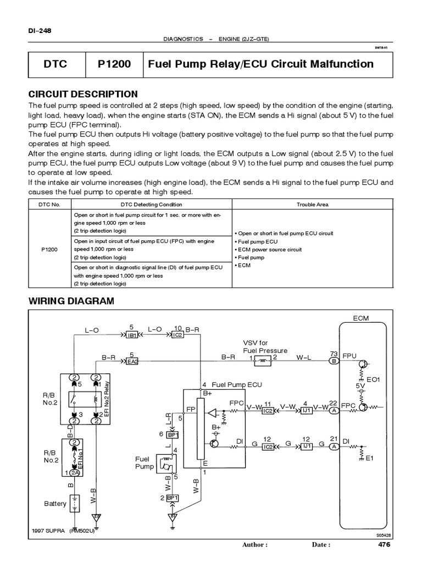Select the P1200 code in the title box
tap(114, 64)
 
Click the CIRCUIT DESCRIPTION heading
tap(83, 94)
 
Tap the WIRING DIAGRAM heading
tap(71, 301)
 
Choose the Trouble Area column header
tap(312, 204)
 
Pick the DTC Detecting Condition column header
tap(151, 204)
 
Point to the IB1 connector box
tap(132, 335)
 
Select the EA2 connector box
tap(132, 361)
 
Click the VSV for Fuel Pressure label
tap(265, 347)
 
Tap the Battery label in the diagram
tap(55, 504)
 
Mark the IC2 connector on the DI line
tap(268, 447)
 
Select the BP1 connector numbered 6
tap(171, 434)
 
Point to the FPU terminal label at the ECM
tap(349, 356)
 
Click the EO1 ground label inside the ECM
tap(374, 379)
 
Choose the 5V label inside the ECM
tap(360, 387)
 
